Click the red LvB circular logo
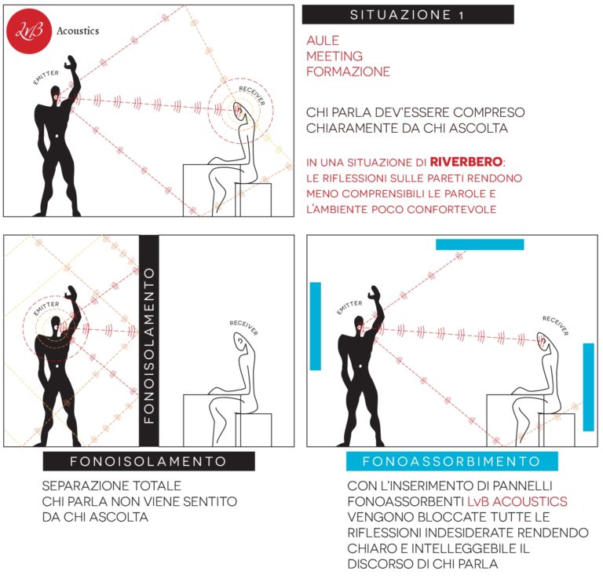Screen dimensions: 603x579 (x=29, y=31)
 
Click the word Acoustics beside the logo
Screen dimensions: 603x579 (x=78, y=31)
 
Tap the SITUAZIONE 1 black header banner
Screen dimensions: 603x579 (x=407, y=15)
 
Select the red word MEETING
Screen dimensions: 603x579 (x=334, y=56)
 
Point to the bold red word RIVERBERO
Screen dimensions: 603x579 (x=466, y=162)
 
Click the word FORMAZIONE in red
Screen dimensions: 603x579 (x=348, y=71)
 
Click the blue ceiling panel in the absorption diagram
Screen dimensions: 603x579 (x=480, y=244)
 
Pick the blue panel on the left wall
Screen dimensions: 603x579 (x=316, y=326)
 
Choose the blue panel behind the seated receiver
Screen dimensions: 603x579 (x=588, y=387)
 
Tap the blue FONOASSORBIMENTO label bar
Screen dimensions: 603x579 (x=452, y=461)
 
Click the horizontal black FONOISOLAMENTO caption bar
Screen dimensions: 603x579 (x=149, y=461)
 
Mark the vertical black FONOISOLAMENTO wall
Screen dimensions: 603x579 (x=149, y=341)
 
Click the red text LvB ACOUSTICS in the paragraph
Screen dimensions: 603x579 (x=517, y=501)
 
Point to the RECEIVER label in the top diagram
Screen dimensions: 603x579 (x=252, y=94)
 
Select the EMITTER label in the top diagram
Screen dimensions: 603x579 (x=46, y=77)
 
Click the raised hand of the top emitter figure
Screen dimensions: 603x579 (x=71, y=63)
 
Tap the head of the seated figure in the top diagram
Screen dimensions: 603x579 (x=243, y=112)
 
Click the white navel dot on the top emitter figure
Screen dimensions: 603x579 (x=57, y=136)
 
